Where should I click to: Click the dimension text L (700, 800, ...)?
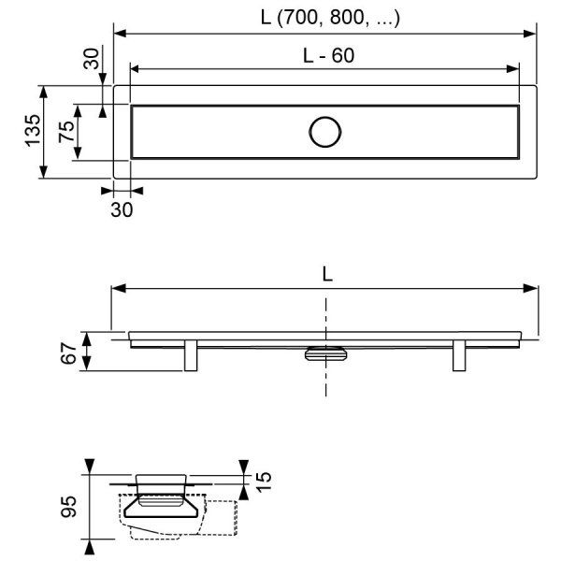click(x=330, y=17)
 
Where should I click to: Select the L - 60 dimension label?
click(x=328, y=55)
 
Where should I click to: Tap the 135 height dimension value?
click(x=33, y=131)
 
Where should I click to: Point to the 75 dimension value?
click(x=67, y=132)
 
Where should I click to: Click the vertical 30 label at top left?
click(x=92, y=58)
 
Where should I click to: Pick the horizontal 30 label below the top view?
click(x=122, y=209)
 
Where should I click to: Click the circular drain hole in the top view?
click(x=324, y=132)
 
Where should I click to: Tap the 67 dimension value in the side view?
click(x=68, y=353)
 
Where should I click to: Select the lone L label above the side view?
click(x=327, y=274)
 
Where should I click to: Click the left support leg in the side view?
click(x=191, y=355)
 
